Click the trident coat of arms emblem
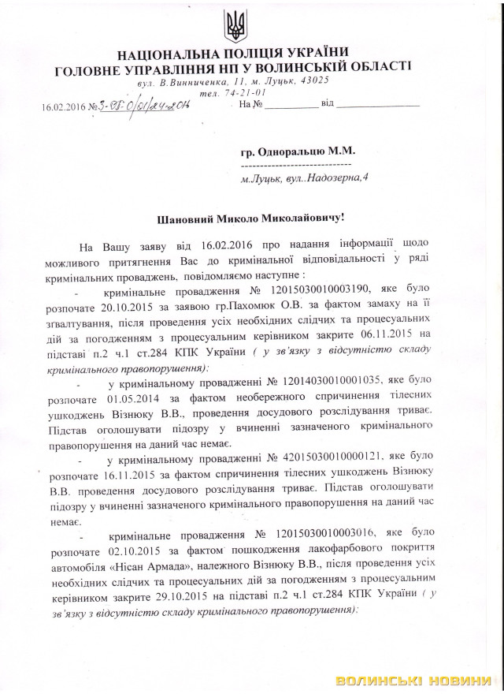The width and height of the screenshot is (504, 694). (235, 26)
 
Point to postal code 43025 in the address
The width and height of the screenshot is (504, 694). (324, 80)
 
